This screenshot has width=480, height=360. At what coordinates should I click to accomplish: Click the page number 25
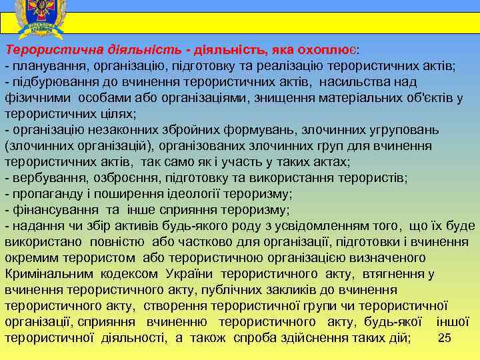[x=445, y=338]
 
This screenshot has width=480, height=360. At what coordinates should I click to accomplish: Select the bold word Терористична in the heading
[x=45, y=50]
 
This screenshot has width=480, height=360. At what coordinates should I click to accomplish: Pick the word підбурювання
[x=51, y=82]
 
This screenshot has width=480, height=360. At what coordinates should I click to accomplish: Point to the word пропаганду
[x=43, y=194]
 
